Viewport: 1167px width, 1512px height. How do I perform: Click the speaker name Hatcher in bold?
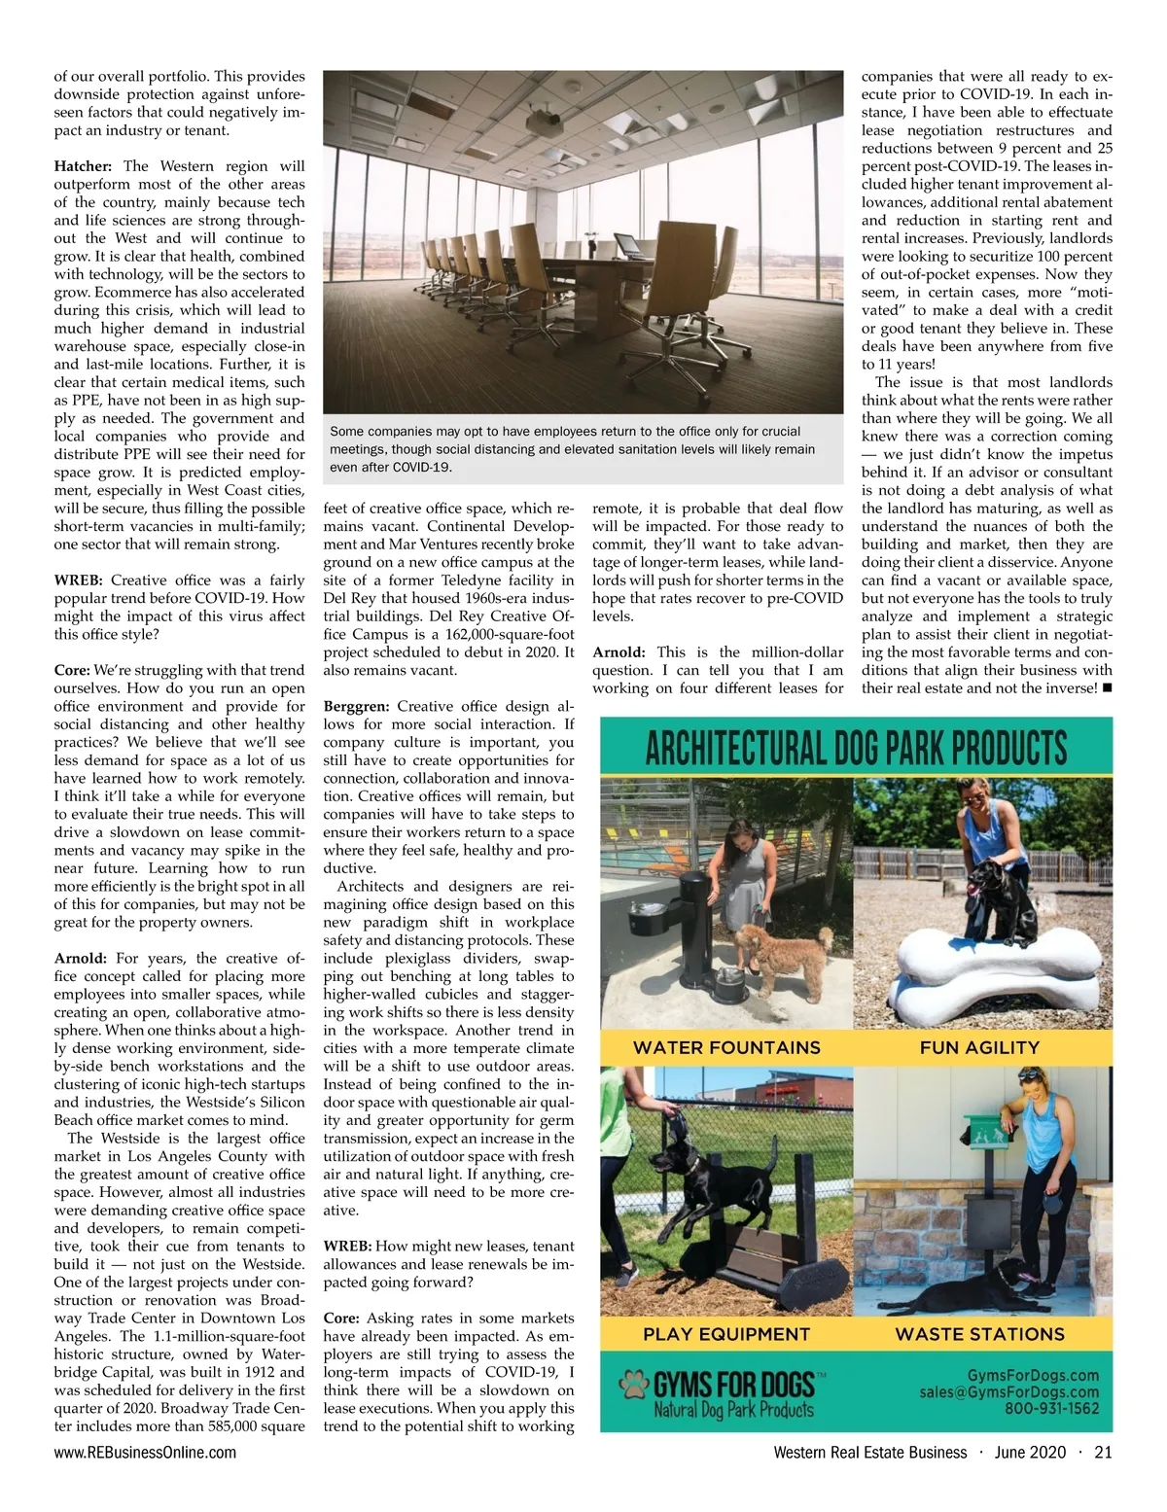83,166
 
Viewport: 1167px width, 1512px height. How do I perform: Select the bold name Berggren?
356,707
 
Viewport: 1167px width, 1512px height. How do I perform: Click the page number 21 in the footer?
1102,1453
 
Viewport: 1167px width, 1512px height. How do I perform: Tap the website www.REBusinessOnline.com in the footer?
145,1453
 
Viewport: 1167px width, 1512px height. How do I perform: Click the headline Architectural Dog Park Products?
856,749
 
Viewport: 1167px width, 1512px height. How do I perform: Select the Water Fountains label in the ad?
726,1047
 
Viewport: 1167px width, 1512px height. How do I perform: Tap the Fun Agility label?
979,1047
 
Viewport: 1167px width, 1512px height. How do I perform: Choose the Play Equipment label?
726,1334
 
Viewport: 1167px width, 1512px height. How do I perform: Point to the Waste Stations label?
979,1334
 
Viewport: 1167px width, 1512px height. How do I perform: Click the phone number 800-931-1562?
1051,1408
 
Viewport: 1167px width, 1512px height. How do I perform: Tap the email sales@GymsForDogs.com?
1008,1391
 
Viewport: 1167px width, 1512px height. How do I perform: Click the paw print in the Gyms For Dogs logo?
635,1384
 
